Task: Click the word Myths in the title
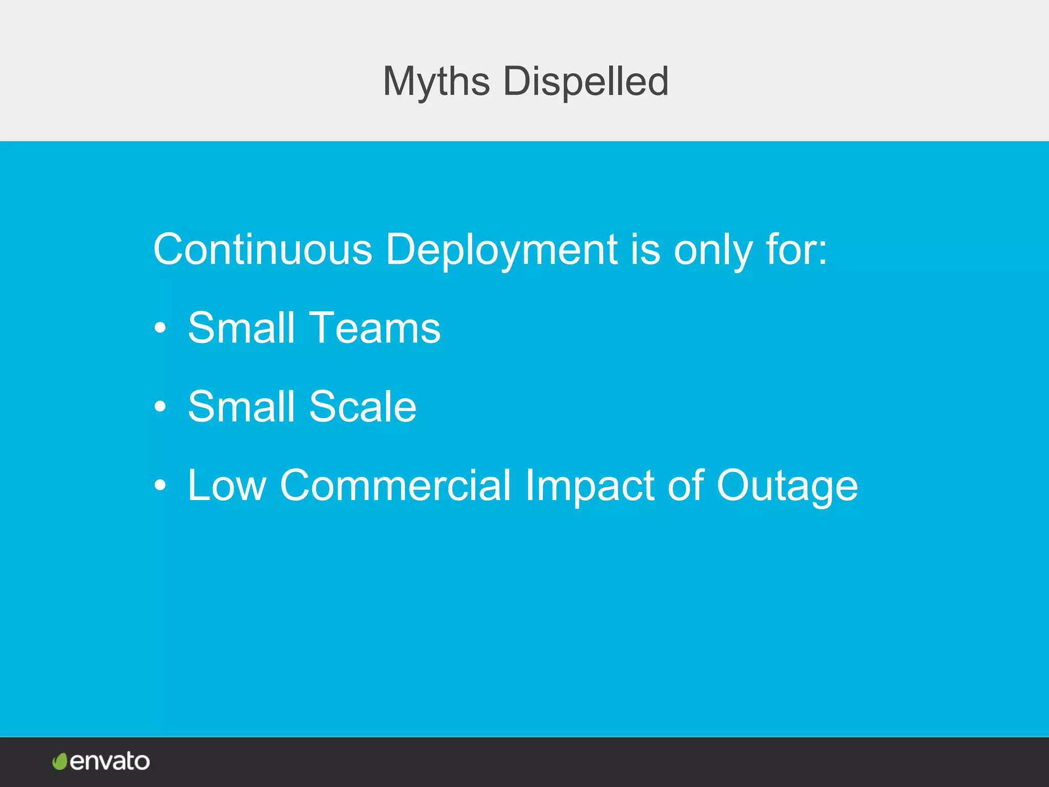point(436,82)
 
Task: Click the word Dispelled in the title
point(585,82)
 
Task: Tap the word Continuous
point(263,250)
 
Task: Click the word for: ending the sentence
point(796,250)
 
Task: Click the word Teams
point(375,328)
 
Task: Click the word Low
point(227,485)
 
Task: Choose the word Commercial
point(395,485)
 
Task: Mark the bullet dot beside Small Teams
point(160,328)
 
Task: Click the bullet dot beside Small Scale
point(160,406)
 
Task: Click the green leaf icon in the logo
point(60,761)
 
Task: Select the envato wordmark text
point(110,761)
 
